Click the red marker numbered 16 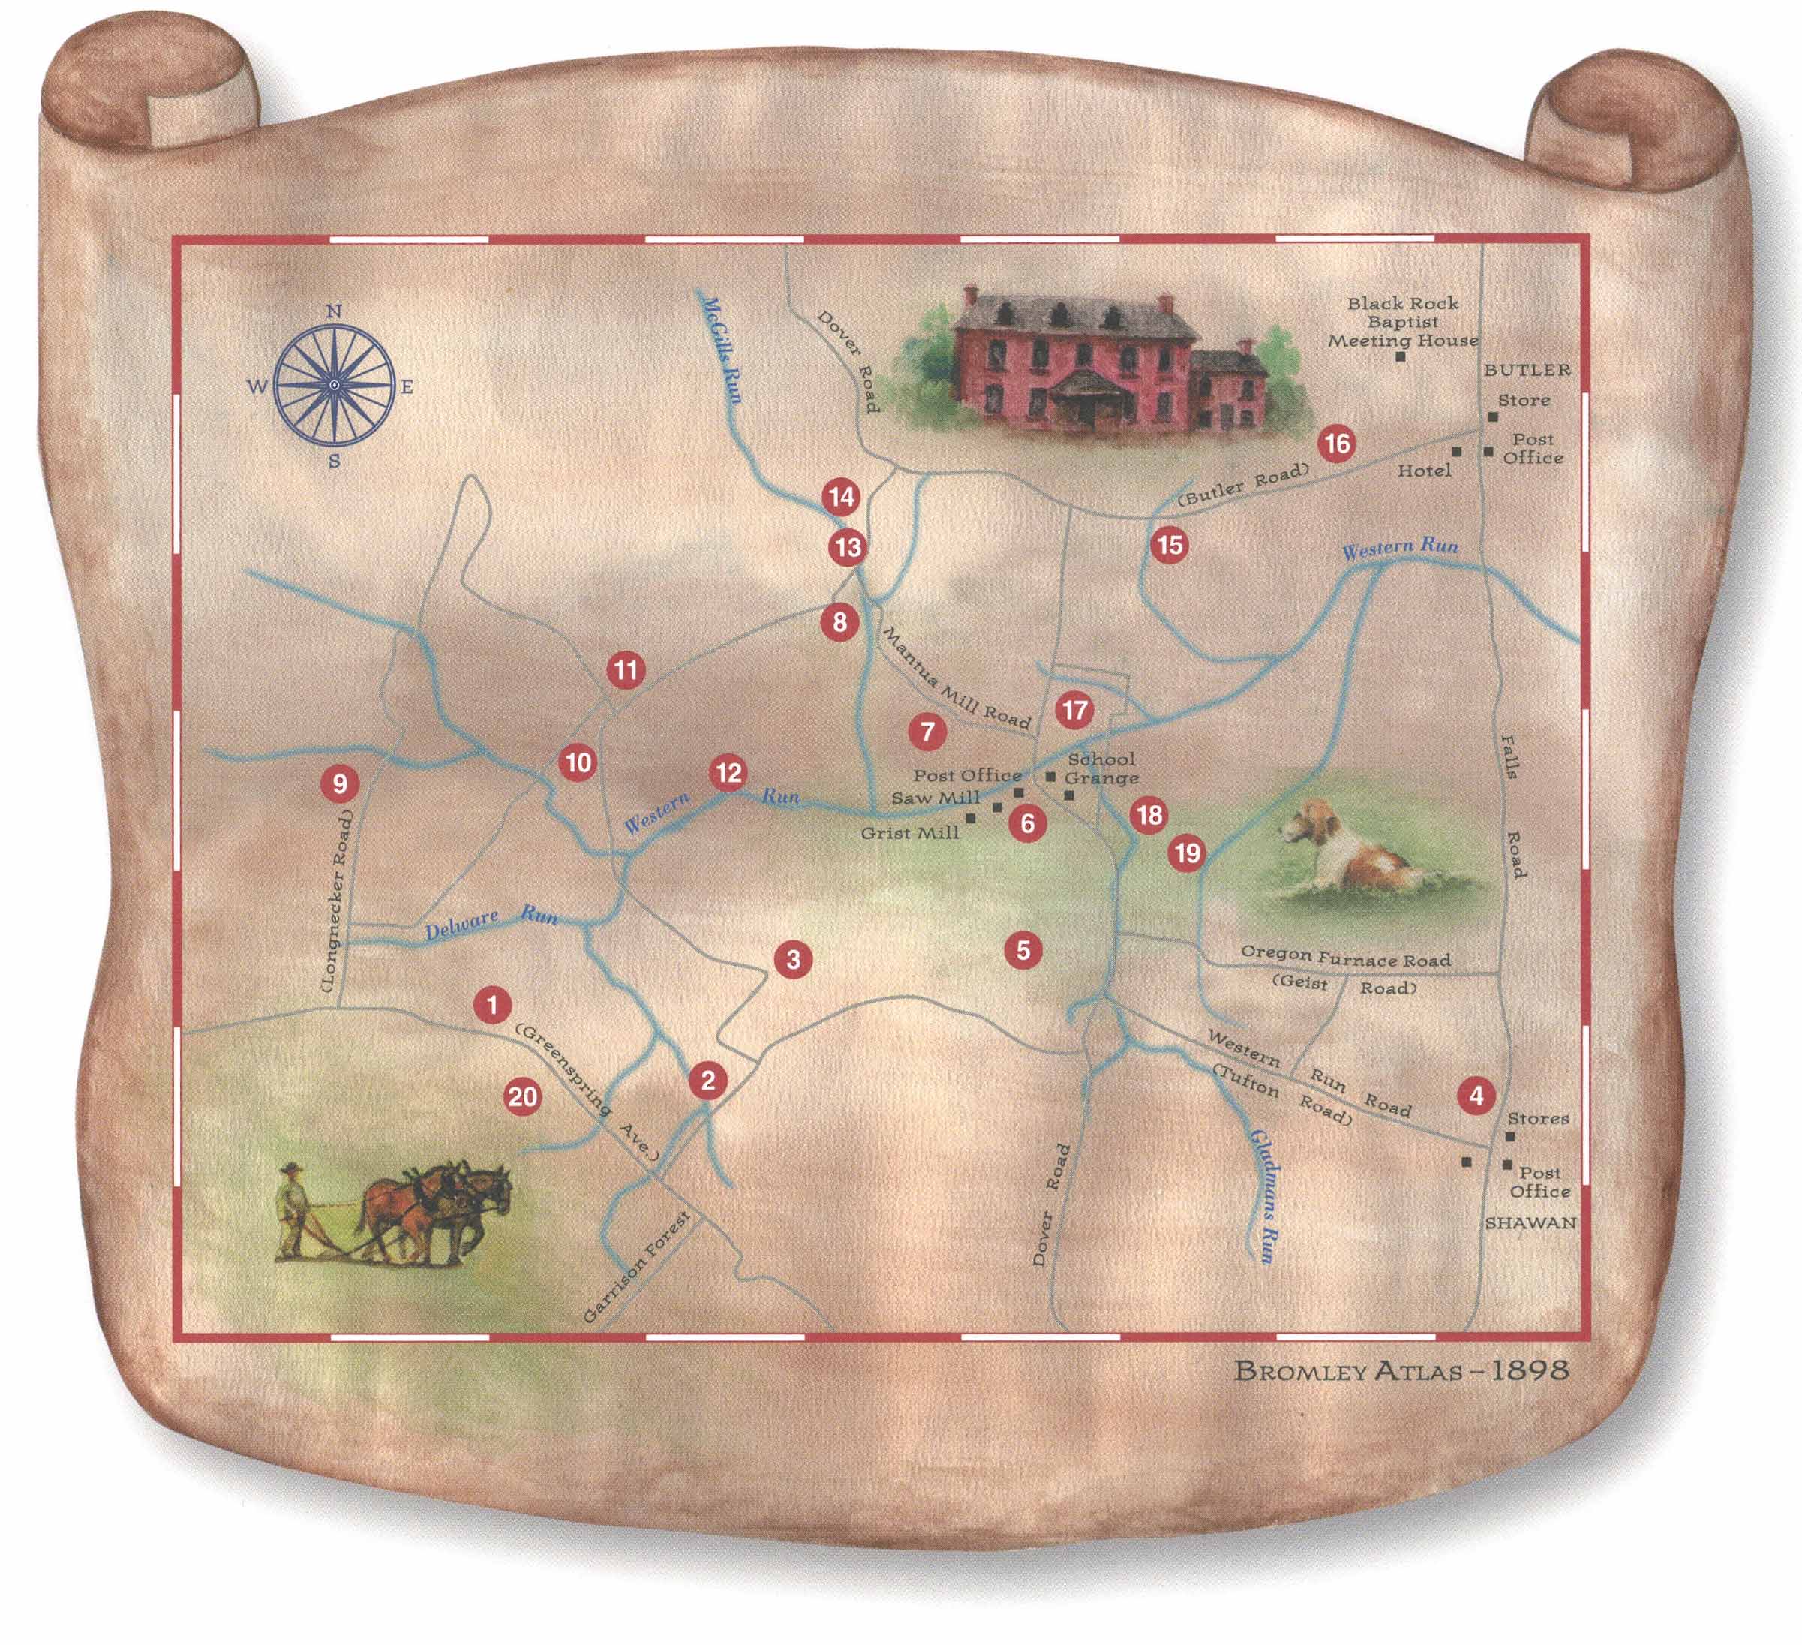pos(1336,444)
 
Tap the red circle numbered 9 pos(340,784)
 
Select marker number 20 pos(523,1097)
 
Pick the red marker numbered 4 pos(1476,1095)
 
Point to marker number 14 pos(841,496)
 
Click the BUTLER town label pos(1527,370)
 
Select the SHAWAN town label pos(1530,1223)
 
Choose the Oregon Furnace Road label pos(1344,959)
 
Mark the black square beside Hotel pos(1456,453)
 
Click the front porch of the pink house pos(1083,401)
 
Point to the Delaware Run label pos(490,922)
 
